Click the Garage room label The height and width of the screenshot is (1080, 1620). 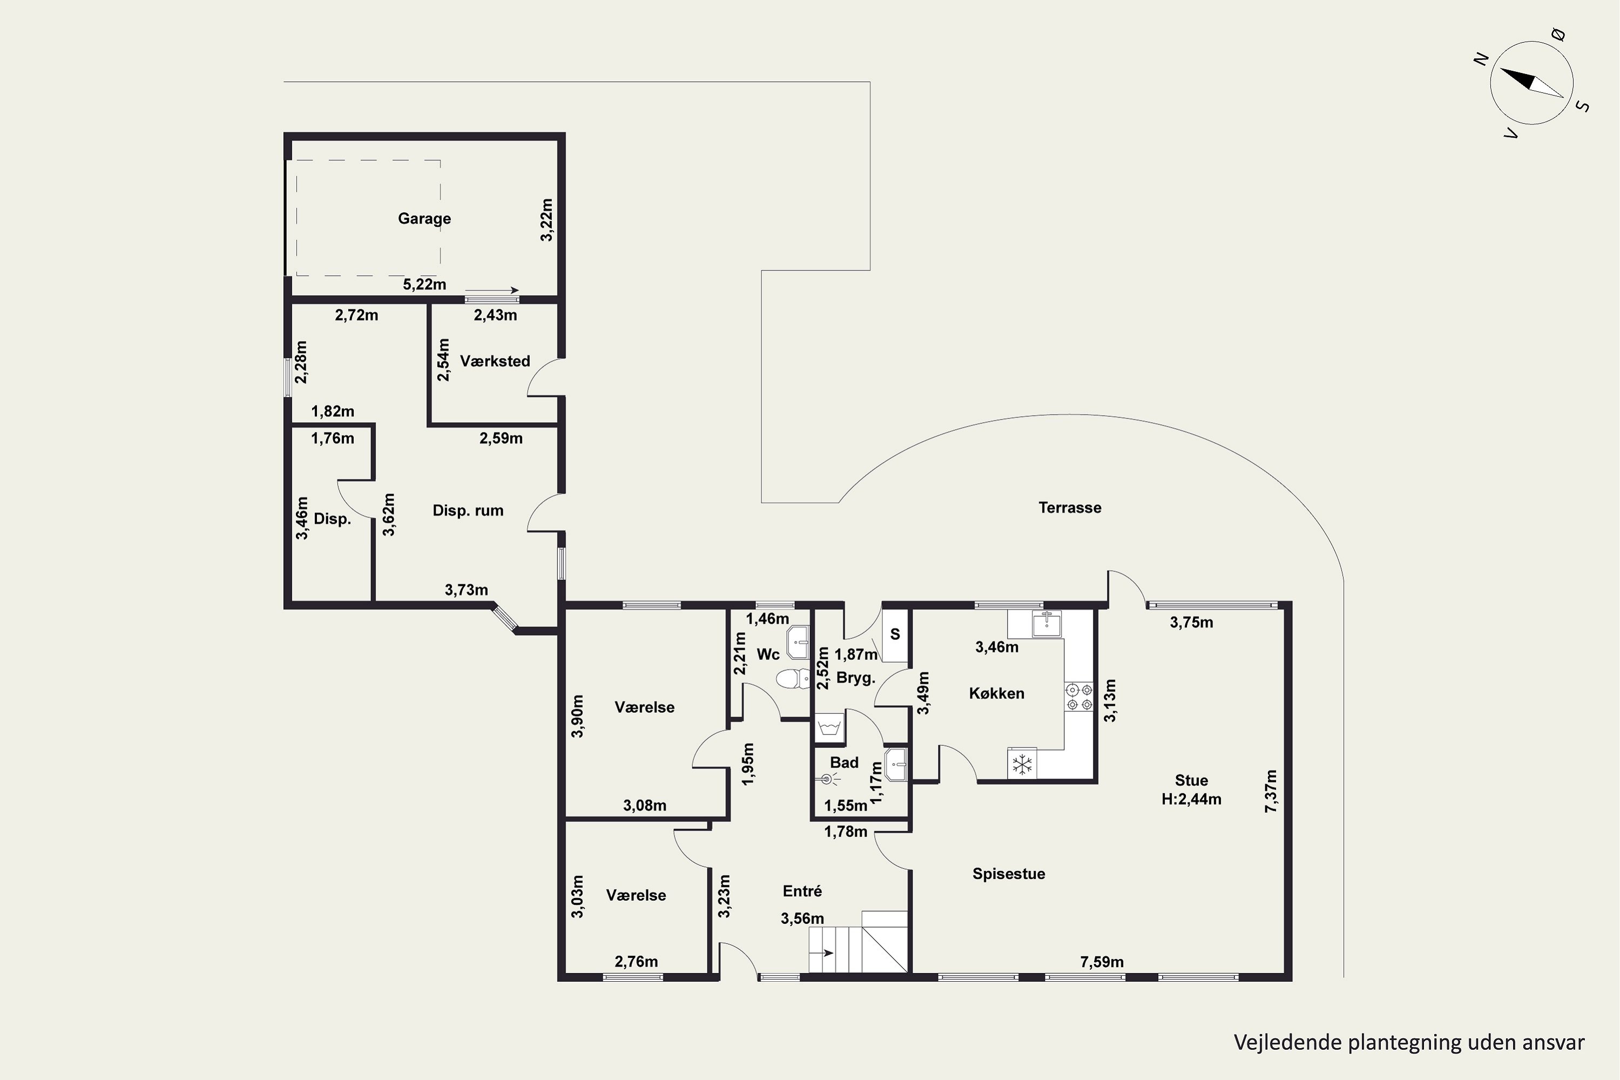click(x=424, y=218)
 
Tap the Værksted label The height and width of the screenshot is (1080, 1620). click(x=495, y=361)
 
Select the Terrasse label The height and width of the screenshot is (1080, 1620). click(x=1070, y=508)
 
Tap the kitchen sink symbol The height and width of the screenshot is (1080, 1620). click(x=1047, y=623)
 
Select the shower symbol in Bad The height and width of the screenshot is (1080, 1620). click(x=827, y=779)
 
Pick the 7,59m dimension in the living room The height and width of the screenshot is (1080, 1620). click(x=1102, y=962)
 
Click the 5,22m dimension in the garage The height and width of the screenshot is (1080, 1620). click(x=424, y=284)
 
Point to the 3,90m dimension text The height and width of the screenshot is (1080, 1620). click(x=577, y=717)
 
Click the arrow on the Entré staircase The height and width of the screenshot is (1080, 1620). click(x=822, y=953)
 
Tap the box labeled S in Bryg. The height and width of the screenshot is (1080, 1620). click(x=895, y=635)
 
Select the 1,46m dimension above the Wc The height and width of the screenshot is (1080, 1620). click(x=767, y=618)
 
